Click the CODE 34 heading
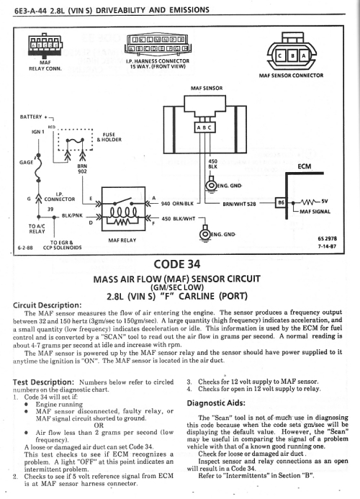tap(177, 264)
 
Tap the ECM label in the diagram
tap(305, 166)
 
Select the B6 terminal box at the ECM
tap(281, 202)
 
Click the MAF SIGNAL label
tap(315, 211)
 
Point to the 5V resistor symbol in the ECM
tap(308, 202)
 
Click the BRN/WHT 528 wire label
tap(239, 204)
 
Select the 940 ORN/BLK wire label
tap(177, 203)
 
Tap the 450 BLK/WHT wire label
tap(179, 219)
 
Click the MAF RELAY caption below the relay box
tap(122, 240)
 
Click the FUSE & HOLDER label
tap(109, 137)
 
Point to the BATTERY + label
tap(33, 117)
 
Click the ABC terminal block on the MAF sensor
tap(204, 127)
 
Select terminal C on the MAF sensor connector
tap(280, 56)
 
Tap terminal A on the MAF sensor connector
tap(304, 56)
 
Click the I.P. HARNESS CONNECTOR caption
tap(158, 63)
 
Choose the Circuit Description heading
tap(47, 305)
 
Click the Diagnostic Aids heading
tap(216, 403)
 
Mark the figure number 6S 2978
tap(327, 238)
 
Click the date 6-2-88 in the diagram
tap(24, 248)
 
